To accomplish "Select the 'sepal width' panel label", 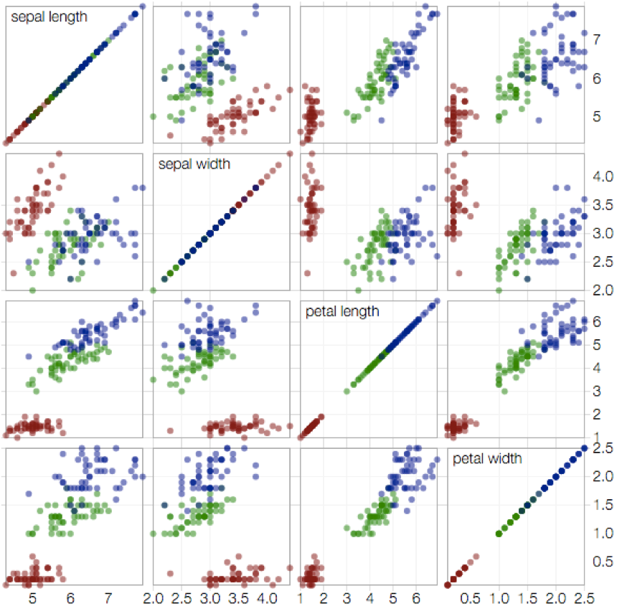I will click(x=195, y=164).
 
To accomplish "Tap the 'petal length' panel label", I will click(x=342, y=311).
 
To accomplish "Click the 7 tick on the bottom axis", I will click(x=108, y=597).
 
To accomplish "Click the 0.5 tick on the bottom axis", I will click(x=471, y=597).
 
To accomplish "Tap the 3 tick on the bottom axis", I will click(x=347, y=597).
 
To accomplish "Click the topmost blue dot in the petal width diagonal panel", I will click(x=584, y=448).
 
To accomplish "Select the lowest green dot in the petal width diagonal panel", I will click(x=499, y=533).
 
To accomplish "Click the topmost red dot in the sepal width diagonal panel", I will click(x=290, y=153).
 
